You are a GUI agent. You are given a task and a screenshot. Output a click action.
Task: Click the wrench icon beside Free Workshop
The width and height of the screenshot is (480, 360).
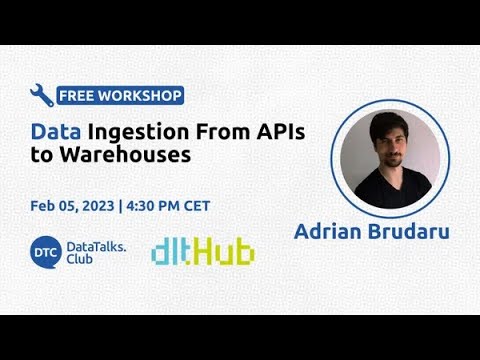pos(41,95)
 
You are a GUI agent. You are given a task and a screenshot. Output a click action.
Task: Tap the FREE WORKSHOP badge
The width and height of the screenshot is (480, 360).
pos(120,96)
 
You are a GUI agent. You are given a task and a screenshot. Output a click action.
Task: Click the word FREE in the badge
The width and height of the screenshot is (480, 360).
pos(75,96)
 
